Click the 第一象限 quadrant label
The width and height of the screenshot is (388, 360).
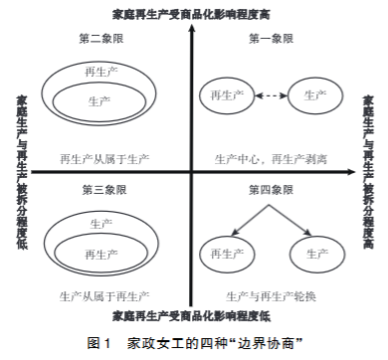pyautogui.click(x=271, y=39)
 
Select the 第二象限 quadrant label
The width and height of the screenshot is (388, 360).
pyautogui.click(x=101, y=39)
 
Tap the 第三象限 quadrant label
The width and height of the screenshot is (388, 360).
pyautogui.click(x=104, y=190)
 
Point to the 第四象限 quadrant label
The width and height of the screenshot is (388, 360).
pyautogui.click(x=271, y=190)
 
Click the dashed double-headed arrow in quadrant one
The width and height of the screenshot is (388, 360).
pyautogui.click(x=272, y=95)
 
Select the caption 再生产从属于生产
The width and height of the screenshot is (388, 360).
pyautogui.click(x=104, y=159)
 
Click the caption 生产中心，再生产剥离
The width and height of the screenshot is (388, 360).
pyautogui.click(x=271, y=159)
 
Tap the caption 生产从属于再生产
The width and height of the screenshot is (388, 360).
pyautogui.click(x=104, y=296)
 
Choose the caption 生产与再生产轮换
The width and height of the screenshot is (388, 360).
pyautogui.click(x=271, y=296)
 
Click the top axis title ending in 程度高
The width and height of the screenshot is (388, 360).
pyautogui.click(x=191, y=15)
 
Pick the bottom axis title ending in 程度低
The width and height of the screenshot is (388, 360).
pyautogui.click(x=191, y=316)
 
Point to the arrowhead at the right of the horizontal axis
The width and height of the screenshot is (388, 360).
pyautogui.click(x=351, y=172)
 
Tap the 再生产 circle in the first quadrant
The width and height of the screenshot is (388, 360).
pyautogui.click(x=227, y=95)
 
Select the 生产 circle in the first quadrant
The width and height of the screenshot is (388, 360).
pyautogui.click(x=315, y=95)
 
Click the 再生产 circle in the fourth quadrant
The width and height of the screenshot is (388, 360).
pyautogui.click(x=227, y=255)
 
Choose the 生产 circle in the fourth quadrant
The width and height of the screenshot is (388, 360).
pyautogui.click(x=317, y=255)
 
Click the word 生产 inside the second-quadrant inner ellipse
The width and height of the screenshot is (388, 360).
pyautogui.click(x=99, y=101)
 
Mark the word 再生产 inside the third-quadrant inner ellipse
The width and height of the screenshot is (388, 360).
pyautogui.click(x=101, y=255)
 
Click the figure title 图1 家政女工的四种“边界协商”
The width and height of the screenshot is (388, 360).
pyautogui.click(x=195, y=343)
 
